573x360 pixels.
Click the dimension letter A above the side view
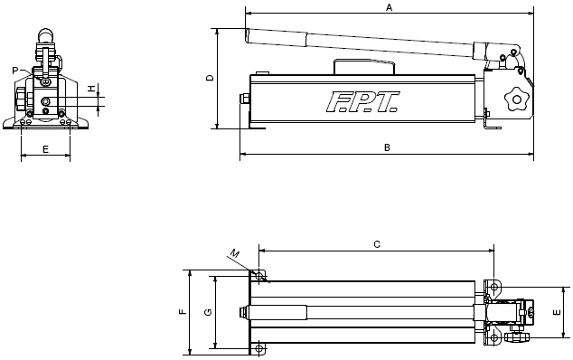point(390,7)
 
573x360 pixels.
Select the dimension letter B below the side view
point(387,147)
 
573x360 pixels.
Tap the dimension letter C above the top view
point(377,244)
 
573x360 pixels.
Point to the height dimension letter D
point(210,78)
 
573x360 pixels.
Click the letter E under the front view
point(46,149)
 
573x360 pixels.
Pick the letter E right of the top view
point(557,312)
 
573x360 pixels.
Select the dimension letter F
point(183,312)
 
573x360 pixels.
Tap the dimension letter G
point(208,312)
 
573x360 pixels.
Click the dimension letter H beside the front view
point(91,88)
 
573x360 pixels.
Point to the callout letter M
point(235,253)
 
